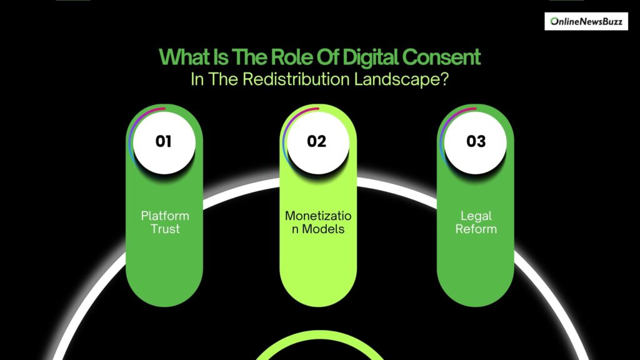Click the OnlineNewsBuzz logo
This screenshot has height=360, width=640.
pos(586,21)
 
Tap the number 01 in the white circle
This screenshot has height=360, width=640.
pos(163,141)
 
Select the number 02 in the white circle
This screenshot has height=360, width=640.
pos(317,141)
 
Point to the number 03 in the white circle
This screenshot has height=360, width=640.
pos(476,141)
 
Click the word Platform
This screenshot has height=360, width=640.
pos(165,216)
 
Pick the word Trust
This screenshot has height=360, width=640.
pos(165,229)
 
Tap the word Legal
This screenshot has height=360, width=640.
pos(476,216)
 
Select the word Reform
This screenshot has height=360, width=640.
pos(476,229)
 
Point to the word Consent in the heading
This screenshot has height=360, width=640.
pos(441,57)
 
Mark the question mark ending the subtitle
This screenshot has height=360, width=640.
pos(444,79)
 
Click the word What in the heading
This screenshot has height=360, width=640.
pos(184,57)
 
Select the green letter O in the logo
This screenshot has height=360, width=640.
pos(554,21)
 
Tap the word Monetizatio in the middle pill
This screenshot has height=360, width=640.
pos(318,216)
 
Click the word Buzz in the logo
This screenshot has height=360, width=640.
pos(612,22)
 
